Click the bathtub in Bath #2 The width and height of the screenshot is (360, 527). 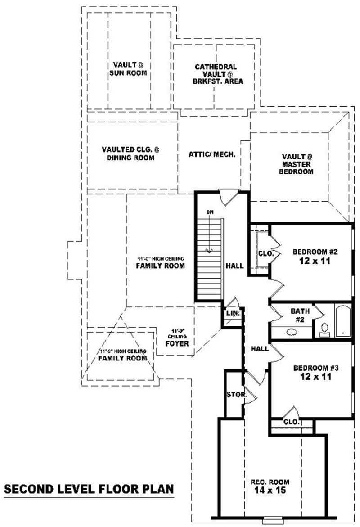click(343, 320)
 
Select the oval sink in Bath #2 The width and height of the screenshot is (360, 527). click(292, 333)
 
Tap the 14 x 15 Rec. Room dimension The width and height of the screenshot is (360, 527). click(270, 490)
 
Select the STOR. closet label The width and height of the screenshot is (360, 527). click(236, 395)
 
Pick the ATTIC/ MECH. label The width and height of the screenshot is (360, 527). click(212, 154)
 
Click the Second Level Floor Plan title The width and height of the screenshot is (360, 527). click(88, 489)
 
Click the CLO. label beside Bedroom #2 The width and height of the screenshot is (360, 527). click(265, 253)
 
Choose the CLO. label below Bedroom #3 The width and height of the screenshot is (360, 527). click(292, 422)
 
